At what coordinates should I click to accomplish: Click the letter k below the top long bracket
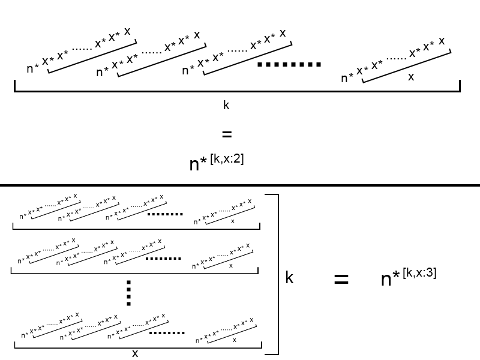[x=226, y=105]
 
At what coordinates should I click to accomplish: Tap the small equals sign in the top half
[x=226, y=134]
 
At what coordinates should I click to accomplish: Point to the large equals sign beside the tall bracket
[x=341, y=278]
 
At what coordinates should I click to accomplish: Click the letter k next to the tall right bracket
[x=289, y=278]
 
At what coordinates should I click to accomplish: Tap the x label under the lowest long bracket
[x=135, y=353]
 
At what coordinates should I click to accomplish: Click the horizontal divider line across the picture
[x=240, y=185]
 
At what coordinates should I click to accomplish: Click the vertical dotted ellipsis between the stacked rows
[x=128, y=293]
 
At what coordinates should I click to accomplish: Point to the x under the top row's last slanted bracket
[x=410, y=77]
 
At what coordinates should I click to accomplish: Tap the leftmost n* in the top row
[x=33, y=68]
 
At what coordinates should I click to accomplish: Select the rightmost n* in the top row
[x=347, y=78]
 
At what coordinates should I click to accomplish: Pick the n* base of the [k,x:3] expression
[x=391, y=279]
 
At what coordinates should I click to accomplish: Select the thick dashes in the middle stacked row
[x=164, y=258]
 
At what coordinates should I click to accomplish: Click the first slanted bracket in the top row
[x=92, y=58]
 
